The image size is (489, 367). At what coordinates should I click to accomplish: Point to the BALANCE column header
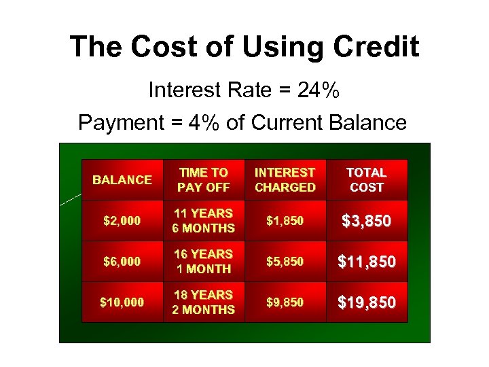click(122, 180)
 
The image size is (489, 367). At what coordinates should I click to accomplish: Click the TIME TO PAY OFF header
click(204, 180)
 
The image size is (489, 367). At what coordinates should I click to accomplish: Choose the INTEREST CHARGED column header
click(285, 180)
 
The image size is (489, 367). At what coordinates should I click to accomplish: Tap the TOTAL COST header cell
click(367, 180)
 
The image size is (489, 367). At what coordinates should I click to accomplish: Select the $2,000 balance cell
click(122, 221)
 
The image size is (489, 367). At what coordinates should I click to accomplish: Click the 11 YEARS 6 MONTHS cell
click(204, 221)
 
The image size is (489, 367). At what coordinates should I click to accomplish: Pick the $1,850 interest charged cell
click(285, 221)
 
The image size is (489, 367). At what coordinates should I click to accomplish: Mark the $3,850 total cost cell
click(367, 221)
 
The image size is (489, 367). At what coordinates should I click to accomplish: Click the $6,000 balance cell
click(122, 262)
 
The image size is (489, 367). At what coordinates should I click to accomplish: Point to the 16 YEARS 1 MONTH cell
click(204, 262)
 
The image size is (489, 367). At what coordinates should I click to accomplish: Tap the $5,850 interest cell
click(285, 262)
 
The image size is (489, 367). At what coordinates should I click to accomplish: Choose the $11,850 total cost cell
click(367, 262)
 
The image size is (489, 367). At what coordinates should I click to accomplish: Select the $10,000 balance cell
click(122, 302)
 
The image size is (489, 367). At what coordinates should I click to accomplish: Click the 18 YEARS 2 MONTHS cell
click(204, 302)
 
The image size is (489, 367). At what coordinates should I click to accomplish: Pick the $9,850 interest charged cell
click(285, 302)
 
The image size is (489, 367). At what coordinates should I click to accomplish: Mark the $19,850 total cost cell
click(367, 302)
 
